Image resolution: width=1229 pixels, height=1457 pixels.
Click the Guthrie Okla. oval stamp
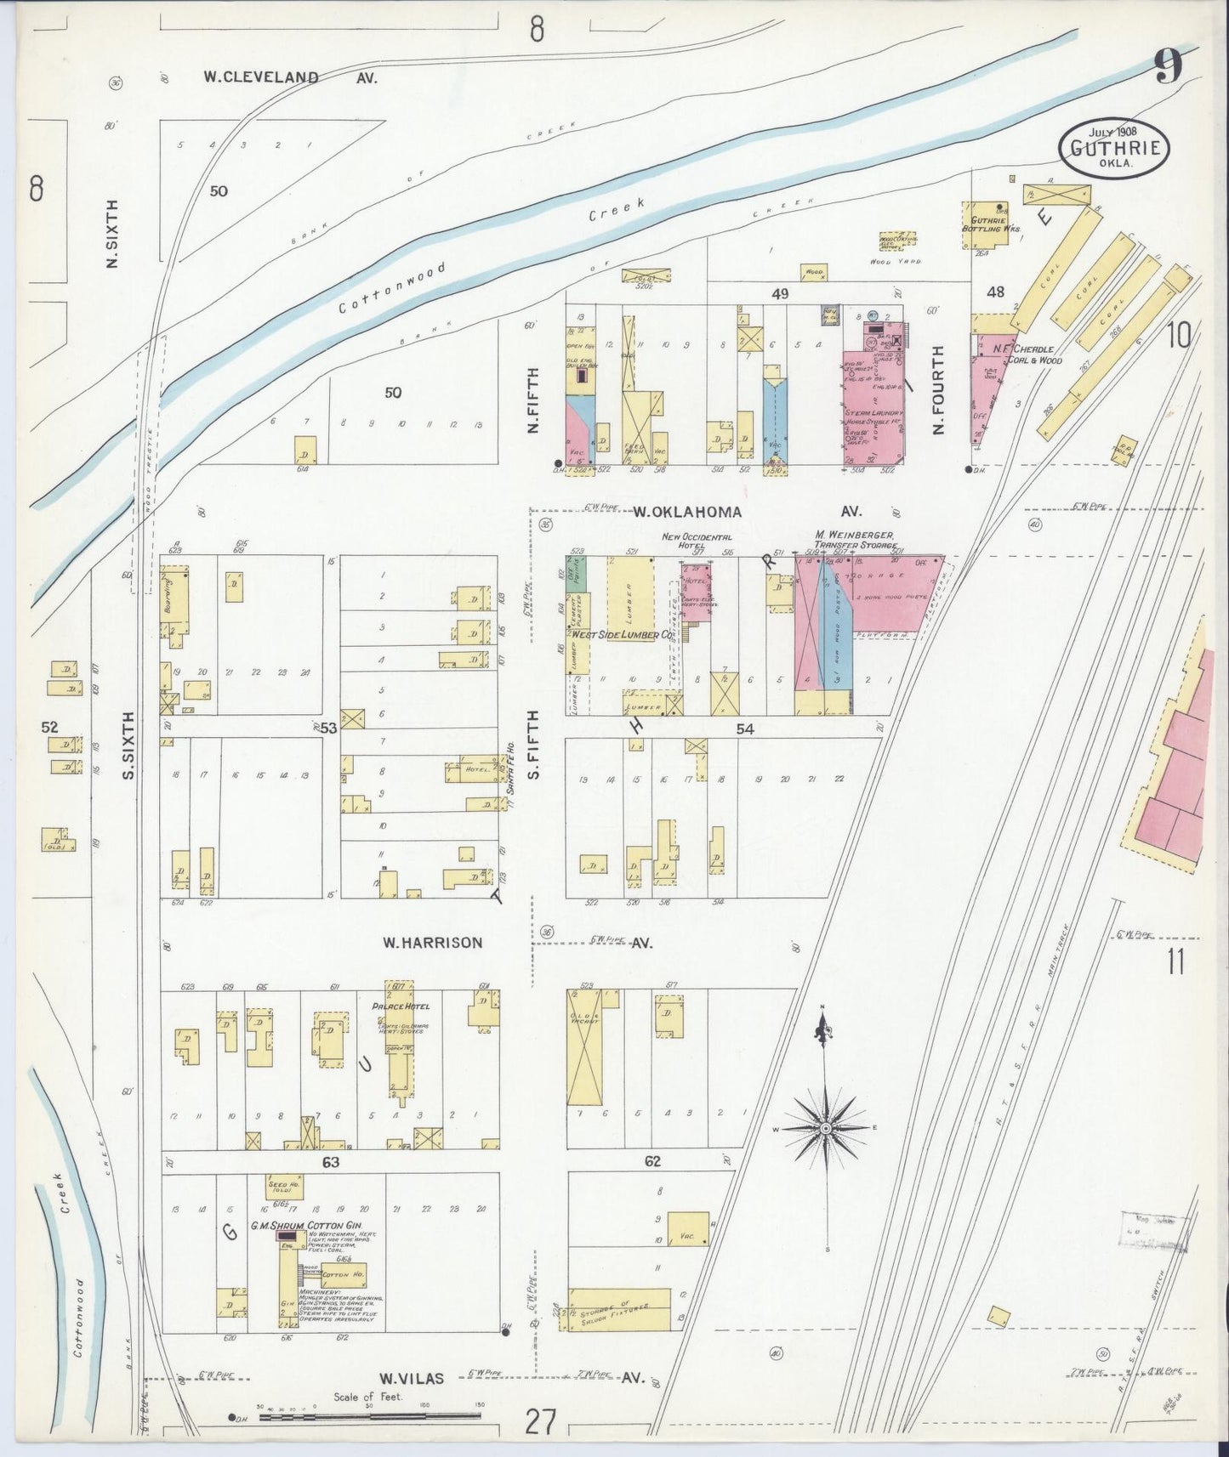pos(1113,147)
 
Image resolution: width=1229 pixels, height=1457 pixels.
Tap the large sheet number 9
pos(1168,67)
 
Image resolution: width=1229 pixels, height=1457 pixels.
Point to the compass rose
pos(823,1127)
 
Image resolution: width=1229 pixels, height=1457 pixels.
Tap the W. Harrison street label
pos(432,942)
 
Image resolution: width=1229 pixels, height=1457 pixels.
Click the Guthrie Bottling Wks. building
pos(984,224)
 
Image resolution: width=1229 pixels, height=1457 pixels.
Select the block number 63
pos(331,1161)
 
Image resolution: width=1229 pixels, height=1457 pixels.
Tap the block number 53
pos(328,728)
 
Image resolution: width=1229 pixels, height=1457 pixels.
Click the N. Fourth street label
pos(939,389)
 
